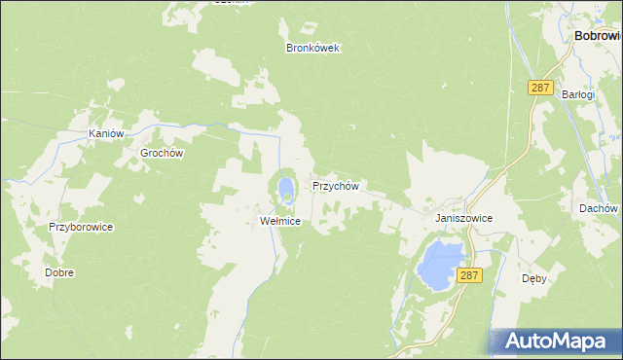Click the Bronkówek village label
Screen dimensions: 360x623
point(312,48)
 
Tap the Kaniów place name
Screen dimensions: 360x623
point(107,133)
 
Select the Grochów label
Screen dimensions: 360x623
point(163,153)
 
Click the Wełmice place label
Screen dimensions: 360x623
point(280,221)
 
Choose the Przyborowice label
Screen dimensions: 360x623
point(82,227)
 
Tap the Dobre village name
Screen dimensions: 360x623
point(59,272)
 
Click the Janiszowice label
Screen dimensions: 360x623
point(464,219)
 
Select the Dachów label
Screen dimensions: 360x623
point(599,208)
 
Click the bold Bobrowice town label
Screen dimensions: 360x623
point(598,35)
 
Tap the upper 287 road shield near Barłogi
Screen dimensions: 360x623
point(541,88)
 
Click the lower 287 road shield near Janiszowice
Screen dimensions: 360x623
point(469,276)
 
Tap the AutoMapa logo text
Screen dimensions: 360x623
point(568,341)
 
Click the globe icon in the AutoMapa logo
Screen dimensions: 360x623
point(510,341)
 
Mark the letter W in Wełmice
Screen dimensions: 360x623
point(265,221)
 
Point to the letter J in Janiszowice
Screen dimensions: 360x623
point(439,219)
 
